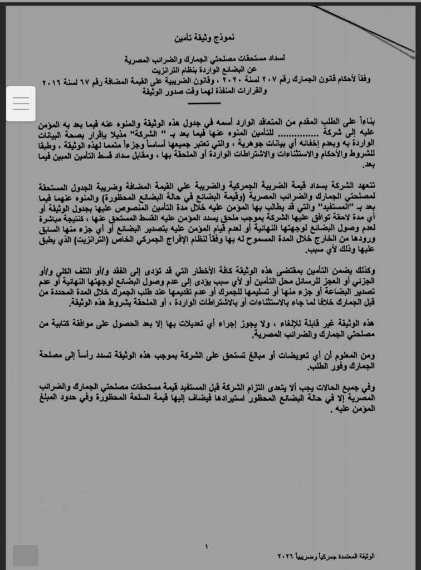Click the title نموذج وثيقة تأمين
click(x=210, y=38)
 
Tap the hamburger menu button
click(x=21, y=104)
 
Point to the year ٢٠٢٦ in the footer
click(x=286, y=557)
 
